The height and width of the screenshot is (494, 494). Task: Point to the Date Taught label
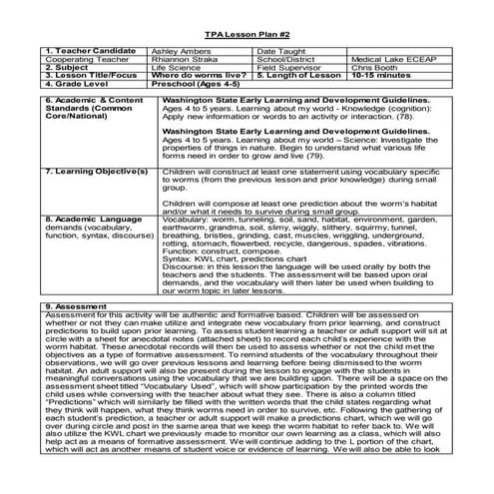(x=278, y=49)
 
